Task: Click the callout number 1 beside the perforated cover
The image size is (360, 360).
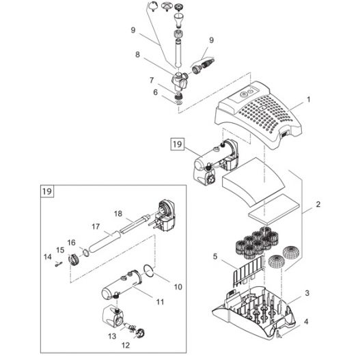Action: [309, 100]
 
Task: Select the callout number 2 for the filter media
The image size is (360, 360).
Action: [318, 204]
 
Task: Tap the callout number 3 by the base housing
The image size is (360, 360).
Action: [307, 293]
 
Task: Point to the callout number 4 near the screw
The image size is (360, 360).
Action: [306, 322]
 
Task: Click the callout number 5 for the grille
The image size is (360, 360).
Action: [215, 256]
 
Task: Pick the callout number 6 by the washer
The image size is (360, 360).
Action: [156, 92]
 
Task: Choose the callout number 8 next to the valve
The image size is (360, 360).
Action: [137, 55]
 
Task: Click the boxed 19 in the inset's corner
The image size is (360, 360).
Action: [47, 191]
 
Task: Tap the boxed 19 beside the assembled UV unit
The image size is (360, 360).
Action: [177, 144]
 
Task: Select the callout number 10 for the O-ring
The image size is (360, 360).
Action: [178, 287]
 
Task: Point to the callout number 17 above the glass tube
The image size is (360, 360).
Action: [96, 227]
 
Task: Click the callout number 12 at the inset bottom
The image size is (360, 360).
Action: [126, 345]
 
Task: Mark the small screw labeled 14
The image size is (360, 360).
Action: [59, 264]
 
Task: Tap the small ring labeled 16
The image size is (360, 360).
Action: [86, 253]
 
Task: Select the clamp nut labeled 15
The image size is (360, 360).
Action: [74, 260]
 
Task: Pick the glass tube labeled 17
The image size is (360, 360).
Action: [106, 243]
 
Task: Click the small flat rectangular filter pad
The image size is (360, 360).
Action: [274, 210]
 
